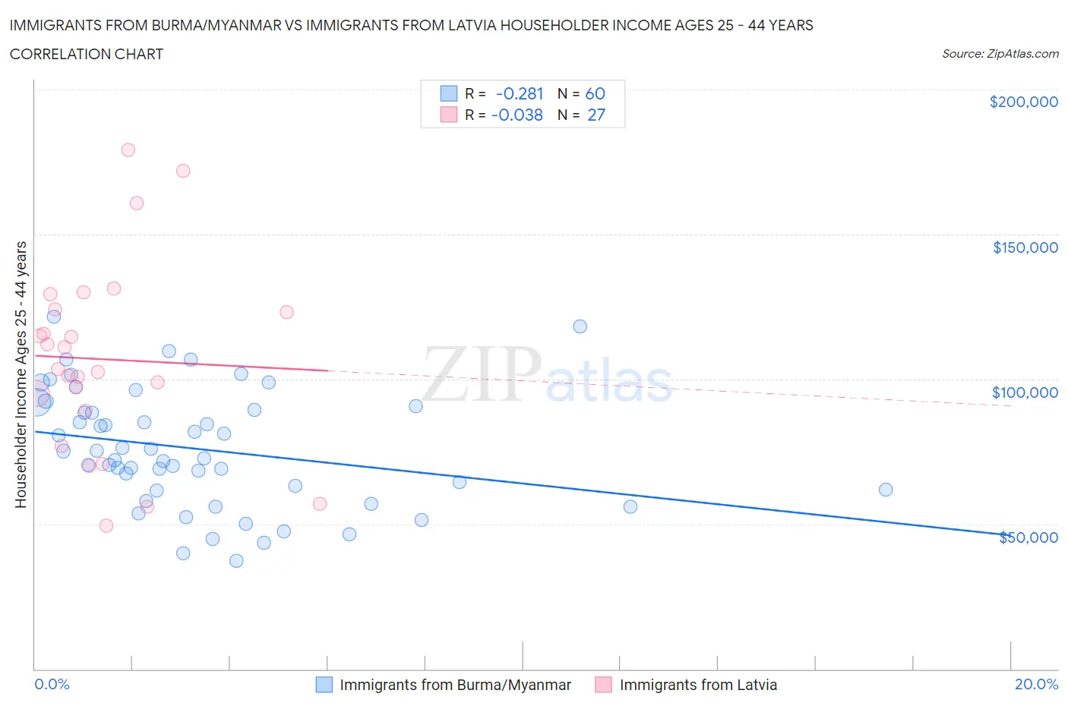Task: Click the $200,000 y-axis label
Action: [x=1023, y=102]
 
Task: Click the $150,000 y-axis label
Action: [x=1025, y=247]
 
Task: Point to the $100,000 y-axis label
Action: [x=1025, y=392]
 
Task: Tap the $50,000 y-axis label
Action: [x=1028, y=537]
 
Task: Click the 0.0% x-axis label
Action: [x=52, y=684]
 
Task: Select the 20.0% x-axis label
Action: [x=1036, y=684]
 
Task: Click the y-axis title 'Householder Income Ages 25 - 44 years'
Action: [x=21, y=374]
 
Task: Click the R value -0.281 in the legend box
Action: [x=520, y=93]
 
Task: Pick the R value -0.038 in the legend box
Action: [x=517, y=115]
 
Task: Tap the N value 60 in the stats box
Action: [x=595, y=93]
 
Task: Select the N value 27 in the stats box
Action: [x=596, y=115]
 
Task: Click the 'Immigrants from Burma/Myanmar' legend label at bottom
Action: [x=455, y=685]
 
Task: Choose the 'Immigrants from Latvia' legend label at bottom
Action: [x=698, y=685]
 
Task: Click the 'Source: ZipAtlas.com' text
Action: [x=1000, y=54]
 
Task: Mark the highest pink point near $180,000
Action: [x=128, y=150]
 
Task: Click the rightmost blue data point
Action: [x=886, y=490]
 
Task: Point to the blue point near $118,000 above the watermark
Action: [x=580, y=326]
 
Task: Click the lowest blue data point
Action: [x=236, y=561]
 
